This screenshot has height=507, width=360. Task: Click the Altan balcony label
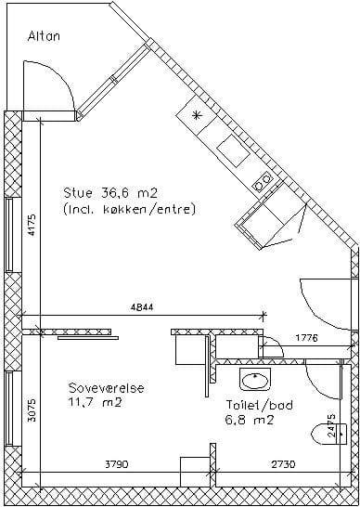coord(44,36)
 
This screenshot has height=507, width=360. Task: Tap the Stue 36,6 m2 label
coord(110,193)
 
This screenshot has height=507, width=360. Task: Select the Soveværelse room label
coord(106,388)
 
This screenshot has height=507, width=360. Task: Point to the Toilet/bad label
coord(259,405)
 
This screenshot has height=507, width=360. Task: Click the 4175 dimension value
coord(32,225)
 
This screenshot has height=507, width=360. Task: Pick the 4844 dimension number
coord(142,307)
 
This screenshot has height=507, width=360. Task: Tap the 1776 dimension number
coord(307,338)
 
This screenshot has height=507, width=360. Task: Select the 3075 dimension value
coord(32,410)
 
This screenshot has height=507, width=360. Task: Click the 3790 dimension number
coord(117,464)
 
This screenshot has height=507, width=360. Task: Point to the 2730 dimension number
coord(283,464)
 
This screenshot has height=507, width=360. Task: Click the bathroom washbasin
coord(255,379)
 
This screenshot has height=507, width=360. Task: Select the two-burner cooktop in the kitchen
coord(262,182)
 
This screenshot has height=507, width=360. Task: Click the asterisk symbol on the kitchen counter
coord(197,115)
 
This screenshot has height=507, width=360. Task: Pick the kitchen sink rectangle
coord(233,150)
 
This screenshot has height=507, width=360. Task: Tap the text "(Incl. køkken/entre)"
coord(130,210)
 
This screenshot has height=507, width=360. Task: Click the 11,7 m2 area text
coord(95,403)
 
